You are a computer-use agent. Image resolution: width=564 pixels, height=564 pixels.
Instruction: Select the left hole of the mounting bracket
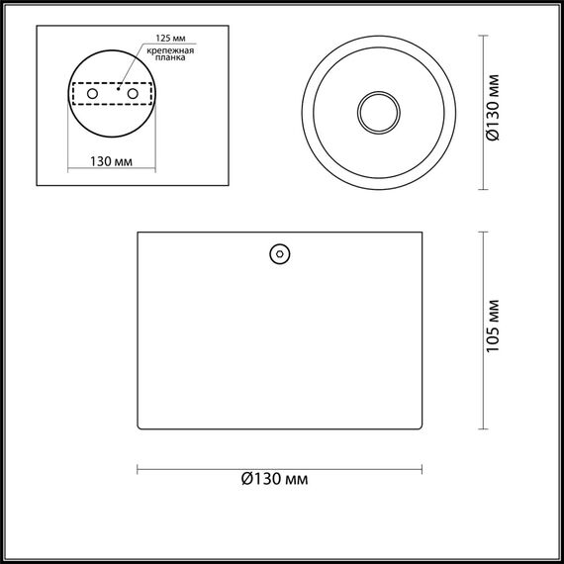[x=93, y=92]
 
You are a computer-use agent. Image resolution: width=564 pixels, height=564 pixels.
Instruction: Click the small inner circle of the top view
[x=377, y=112]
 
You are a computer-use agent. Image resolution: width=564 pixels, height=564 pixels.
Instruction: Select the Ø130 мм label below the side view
[x=275, y=480]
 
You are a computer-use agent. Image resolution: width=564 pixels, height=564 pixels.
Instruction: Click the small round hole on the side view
[x=279, y=255]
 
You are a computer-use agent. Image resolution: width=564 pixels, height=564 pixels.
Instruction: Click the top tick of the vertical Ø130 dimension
[x=484, y=37]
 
